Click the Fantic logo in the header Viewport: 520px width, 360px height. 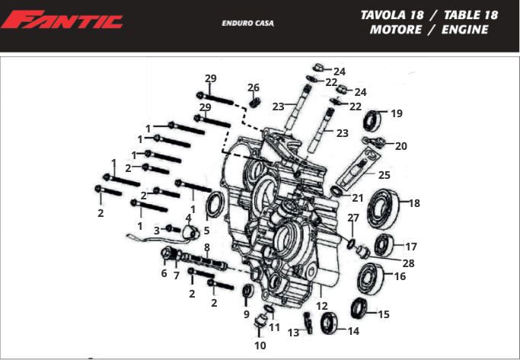point(62,20)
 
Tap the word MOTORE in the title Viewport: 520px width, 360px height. point(395,30)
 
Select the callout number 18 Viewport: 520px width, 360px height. point(414,203)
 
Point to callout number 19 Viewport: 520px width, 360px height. point(397,113)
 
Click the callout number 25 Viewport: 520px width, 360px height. point(384,175)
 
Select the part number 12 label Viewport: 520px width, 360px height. point(321,305)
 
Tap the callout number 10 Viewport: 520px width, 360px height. point(260,345)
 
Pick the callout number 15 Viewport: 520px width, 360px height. point(383,314)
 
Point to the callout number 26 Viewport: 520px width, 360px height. point(254,88)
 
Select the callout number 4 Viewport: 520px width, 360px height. point(188,218)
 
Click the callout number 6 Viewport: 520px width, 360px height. point(164,272)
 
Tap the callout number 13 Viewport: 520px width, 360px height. point(294,332)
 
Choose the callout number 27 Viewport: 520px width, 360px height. point(353,218)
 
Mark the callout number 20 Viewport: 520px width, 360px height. point(400,146)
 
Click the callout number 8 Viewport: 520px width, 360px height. point(206,247)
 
